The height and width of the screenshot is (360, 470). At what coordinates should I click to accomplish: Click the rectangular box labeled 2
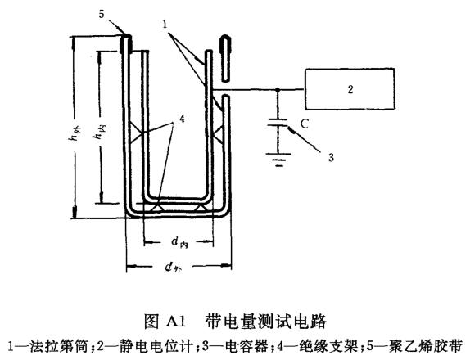[348, 89]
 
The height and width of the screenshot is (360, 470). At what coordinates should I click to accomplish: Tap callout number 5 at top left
[102, 14]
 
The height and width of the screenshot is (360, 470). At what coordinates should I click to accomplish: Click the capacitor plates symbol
[281, 128]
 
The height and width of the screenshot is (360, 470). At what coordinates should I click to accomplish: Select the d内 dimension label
[179, 243]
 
